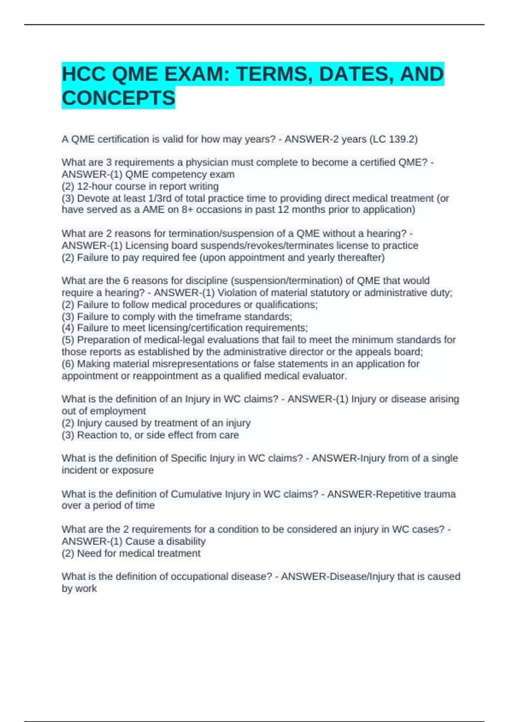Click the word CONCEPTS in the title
click(118, 98)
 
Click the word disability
click(185, 541)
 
